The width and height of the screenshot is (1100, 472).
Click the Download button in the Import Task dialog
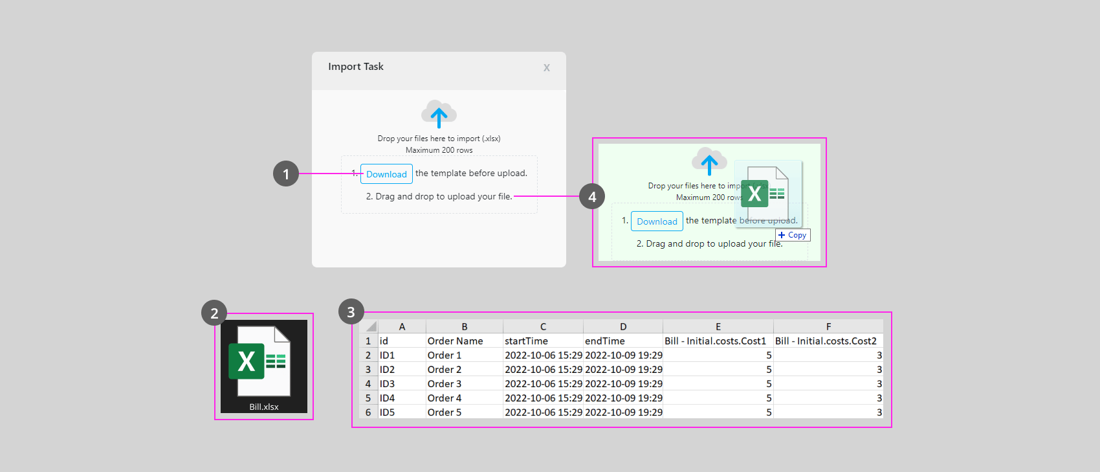[386, 174]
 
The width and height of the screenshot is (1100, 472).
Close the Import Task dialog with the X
[547, 68]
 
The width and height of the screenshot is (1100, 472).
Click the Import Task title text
[355, 66]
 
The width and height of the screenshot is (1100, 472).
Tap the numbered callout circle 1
[286, 174]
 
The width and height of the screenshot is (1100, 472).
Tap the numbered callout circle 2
[214, 313]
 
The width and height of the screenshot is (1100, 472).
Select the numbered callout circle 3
[351, 311]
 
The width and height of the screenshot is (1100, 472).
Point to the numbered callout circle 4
[592, 196]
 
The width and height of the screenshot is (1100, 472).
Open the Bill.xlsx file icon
[264, 366]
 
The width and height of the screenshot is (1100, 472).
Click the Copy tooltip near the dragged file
[793, 235]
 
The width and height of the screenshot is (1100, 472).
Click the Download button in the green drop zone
[657, 221]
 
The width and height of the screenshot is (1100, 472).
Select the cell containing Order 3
[465, 383]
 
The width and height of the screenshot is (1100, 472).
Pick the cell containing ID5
[402, 412]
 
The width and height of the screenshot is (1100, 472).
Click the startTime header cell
[543, 341]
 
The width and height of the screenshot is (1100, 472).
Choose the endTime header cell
[623, 341]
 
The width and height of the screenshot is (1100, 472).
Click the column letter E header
[718, 326]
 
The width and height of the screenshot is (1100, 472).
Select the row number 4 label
[368, 383]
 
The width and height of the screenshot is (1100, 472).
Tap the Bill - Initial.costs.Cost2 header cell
[828, 341]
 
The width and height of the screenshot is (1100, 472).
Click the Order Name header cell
[465, 341]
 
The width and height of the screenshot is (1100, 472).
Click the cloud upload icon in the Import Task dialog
[439, 114]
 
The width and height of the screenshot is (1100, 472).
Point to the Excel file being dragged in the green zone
[768, 194]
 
